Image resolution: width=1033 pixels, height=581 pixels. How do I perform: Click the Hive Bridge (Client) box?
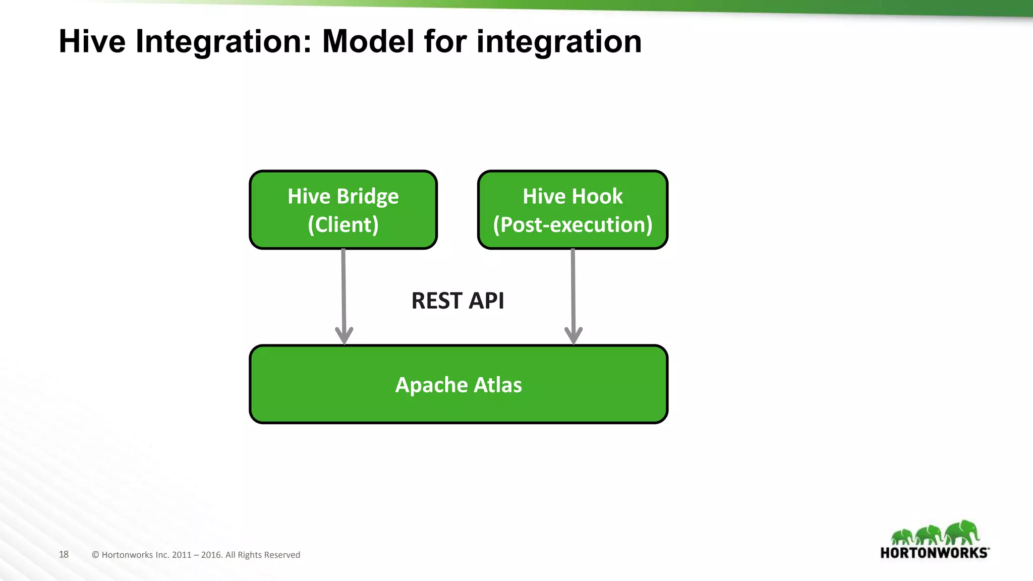[x=343, y=210]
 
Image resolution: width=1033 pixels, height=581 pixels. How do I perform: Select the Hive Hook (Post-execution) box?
[x=572, y=210]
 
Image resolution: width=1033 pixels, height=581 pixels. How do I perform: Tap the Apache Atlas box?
[x=458, y=384]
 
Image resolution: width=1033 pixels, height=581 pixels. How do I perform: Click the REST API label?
[x=457, y=301]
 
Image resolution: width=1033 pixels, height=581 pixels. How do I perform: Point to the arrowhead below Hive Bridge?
[x=344, y=335]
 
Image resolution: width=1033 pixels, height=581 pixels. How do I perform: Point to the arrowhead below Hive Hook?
[x=573, y=335]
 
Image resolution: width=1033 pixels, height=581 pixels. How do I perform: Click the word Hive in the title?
[x=92, y=41]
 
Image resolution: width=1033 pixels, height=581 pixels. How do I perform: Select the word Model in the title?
[x=368, y=41]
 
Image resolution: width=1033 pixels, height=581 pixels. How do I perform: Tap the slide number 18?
[x=64, y=554]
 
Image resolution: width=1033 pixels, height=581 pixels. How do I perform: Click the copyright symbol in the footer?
[x=95, y=555]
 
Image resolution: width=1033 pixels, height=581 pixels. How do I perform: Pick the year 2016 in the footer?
[x=211, y=555]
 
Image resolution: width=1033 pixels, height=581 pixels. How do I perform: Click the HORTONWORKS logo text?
[x=934, y=553]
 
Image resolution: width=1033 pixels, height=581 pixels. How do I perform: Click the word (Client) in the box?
[x=343, y=224]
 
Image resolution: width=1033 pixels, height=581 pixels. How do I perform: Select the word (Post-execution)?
[x=572, y=224]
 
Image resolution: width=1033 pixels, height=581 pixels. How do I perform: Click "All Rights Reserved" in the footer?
[x=263, y=555]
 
